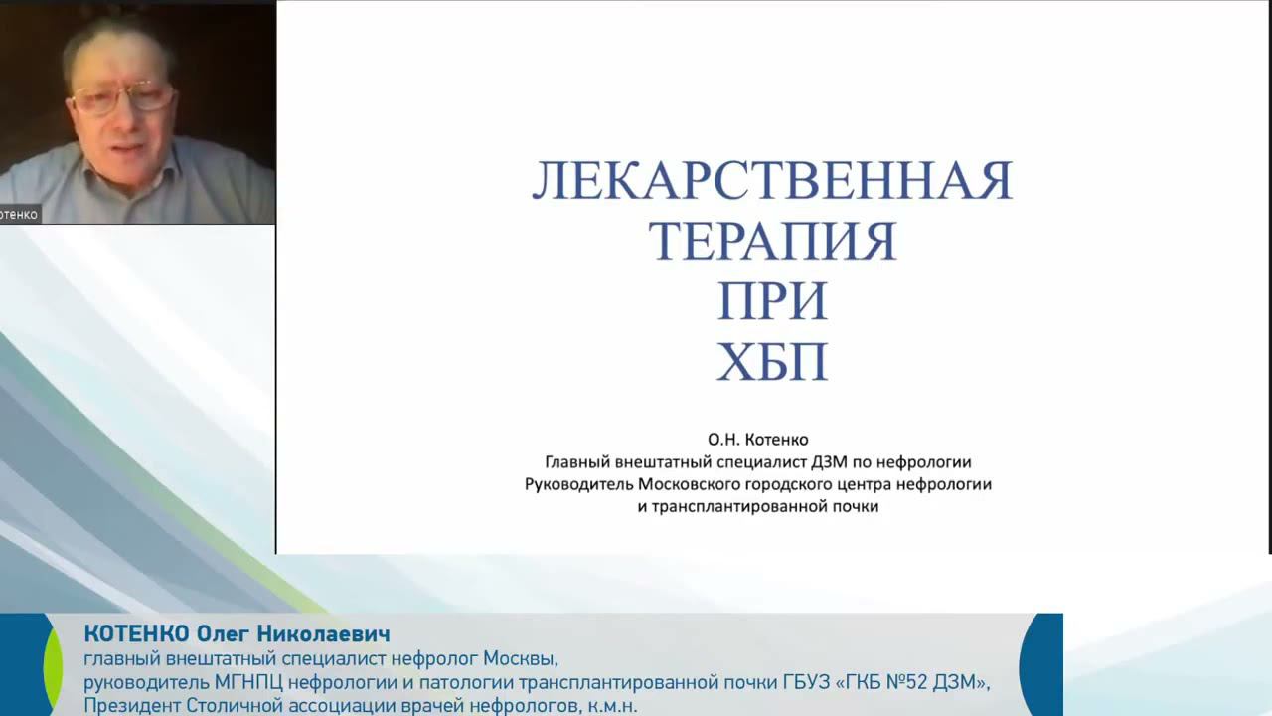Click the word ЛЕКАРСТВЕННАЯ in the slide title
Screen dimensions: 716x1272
pyautogui.click(x=772, y=181)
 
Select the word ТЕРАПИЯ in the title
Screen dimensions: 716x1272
pyautogui.click(x=772, y=241)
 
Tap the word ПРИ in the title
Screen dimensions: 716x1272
pyautogui.click(x=772, y=301)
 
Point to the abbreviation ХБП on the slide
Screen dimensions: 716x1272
pyautogui.click(x=772, y=363)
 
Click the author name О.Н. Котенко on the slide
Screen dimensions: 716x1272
pyautogui.click(x=757, y=439)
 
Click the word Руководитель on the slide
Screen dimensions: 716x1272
pyautogui.click(x=573, y=484)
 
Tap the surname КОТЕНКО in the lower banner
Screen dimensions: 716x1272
pyautogui.click(x=136, y=634)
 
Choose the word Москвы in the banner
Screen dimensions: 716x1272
pyautogui.click(x=521, y=658)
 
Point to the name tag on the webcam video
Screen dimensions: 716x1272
pyautogui.click(x=20, y=214)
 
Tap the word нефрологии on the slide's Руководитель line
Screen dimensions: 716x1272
pyautogui.click(x=943, y=484)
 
